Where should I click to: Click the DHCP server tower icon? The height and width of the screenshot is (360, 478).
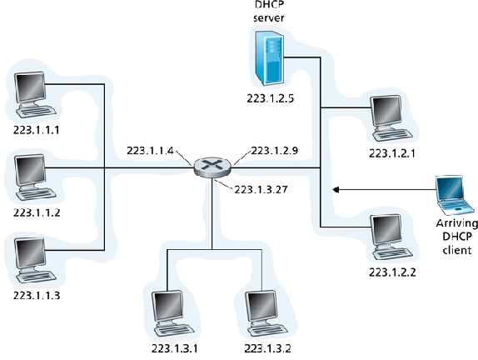click(270, 58)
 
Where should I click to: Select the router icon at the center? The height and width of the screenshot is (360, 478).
click(212, 167)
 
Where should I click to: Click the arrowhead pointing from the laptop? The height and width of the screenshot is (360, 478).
click(336, 190)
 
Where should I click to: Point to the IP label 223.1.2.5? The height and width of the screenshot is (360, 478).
click(270, 98)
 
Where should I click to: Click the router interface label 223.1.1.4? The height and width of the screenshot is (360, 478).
click(150, 150)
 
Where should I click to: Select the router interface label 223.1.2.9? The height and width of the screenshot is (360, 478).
click(274, 150)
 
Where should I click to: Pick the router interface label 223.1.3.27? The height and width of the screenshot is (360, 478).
click(261, 189)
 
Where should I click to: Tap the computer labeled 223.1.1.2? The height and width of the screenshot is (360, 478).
click(34, 177)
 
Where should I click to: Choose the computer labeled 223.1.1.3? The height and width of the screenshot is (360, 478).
click(34, 260)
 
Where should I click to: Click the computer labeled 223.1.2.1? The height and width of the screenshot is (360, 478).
click(391, 118)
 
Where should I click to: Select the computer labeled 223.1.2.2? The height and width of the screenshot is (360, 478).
click(391, 237)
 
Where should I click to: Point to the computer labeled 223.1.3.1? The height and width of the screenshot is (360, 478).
click(173, 313)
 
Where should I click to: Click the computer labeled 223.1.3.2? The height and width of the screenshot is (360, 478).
click(266, 313)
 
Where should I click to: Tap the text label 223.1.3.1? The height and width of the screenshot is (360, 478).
click(174, 348)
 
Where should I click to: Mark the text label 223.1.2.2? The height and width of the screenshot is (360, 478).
click(392, 272)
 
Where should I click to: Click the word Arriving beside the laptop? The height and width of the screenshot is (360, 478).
click(456, 223)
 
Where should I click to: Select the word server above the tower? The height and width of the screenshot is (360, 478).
click(269, 17)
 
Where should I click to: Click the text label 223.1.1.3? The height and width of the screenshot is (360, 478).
click(37, 295)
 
